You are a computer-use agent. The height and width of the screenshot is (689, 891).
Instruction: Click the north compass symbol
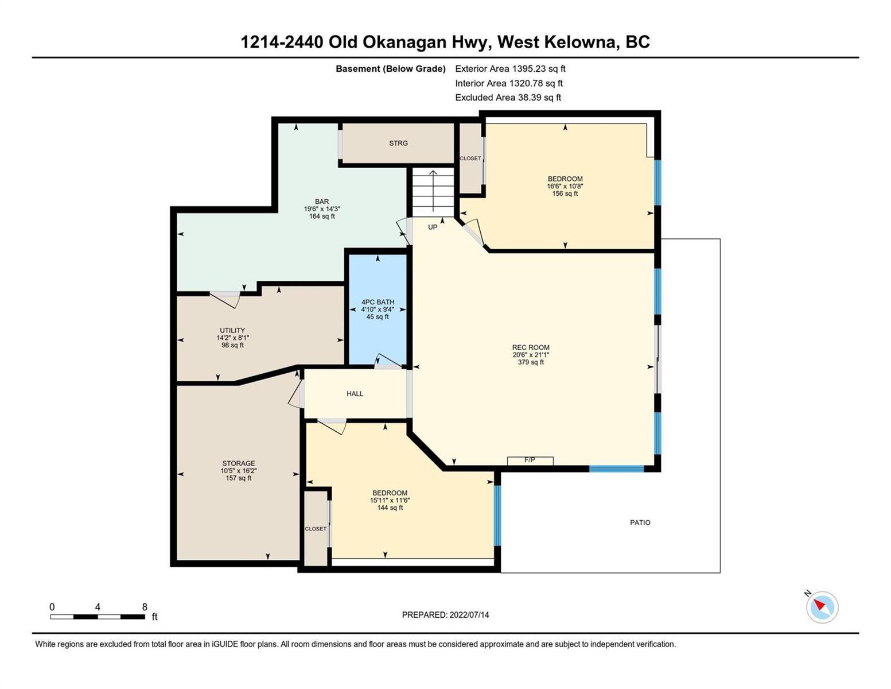(x=822, y=607)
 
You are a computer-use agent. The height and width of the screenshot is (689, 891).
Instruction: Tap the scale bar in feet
(x=98, y=616)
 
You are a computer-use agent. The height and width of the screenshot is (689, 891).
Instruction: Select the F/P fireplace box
(x=530, y=461)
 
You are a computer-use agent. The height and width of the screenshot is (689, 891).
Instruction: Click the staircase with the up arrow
(x=433, y=192)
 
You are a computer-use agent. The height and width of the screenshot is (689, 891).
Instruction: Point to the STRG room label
(x=398, y=143)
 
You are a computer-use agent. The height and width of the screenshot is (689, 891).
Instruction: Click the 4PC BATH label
(x=378, y=301)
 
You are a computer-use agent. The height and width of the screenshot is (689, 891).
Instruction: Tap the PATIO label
(x=640, y=522)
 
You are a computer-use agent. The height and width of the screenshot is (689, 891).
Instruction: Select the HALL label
(x=355, y=393)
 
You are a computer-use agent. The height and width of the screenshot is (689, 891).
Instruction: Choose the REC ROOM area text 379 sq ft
(x=531, y=362)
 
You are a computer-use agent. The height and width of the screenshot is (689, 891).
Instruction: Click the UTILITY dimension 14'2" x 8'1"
(x=232, y=338)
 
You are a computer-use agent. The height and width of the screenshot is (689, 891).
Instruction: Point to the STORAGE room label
(x=239, y=463)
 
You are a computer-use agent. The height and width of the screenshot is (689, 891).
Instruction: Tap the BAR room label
(x=322, y=202)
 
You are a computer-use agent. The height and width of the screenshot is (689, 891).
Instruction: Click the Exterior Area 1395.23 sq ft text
(x=510, y=68)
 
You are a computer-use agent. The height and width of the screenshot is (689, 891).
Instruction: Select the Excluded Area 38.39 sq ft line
(x=508, y=97)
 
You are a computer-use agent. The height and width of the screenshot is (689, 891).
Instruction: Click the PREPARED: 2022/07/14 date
(x=445, y=615)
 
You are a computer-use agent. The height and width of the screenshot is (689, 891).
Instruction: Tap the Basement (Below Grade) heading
(x=390, y=68)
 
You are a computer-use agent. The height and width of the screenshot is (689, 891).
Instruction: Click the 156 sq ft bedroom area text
(x=565, y=193)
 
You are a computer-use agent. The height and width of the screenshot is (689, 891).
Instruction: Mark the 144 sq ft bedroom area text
(x=390, y=508)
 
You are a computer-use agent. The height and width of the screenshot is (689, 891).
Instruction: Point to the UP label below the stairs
(x=433, y=227)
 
